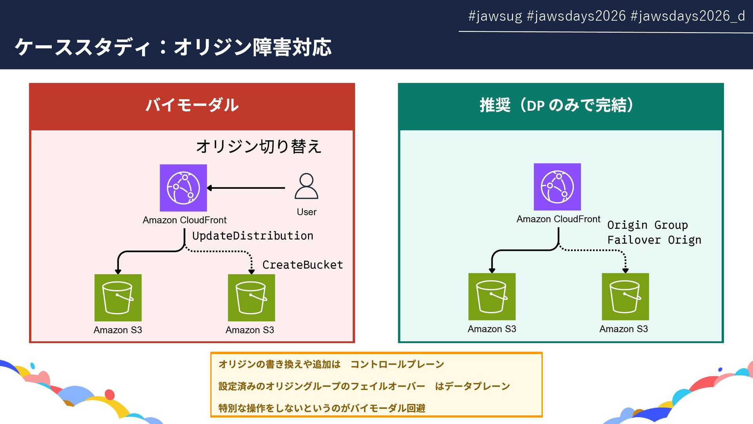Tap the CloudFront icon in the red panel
[x=183, y=188]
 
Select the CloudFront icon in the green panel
[x=557, y=187]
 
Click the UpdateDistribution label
[x=253, y=236]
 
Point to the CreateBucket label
[x=302, y=265]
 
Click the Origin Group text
[x=648, y=225]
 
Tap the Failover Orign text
[x=654, y=240]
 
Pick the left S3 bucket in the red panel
[x=118, y=298]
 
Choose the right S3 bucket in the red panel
[x=251, y=298]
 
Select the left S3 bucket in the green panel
[x=492, y=296]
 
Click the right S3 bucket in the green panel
[x=625, y=296]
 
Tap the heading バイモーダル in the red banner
[x=192, y=105]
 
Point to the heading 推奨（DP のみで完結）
[x=557, y=105]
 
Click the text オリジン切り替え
[x=259, y=146]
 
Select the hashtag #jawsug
[x=495, y=16]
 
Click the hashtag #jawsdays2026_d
[x=688, y=16]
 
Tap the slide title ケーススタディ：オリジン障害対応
[x=173, y=47]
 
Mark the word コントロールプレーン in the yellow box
[x=397, y=364]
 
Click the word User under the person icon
[x=306, y=212]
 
